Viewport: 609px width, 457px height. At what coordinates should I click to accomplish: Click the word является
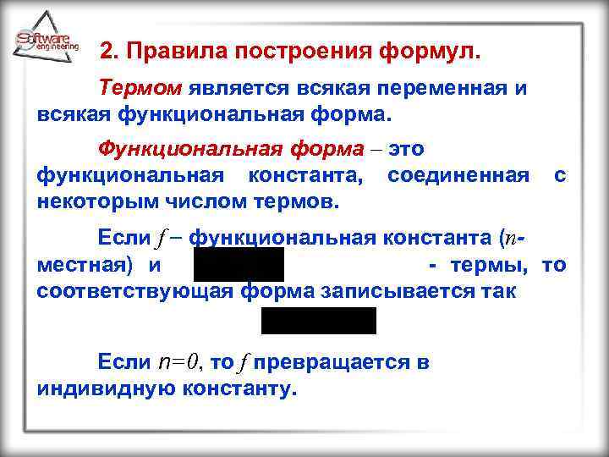coord(239,87)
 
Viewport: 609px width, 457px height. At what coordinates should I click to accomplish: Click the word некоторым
coord(97,202)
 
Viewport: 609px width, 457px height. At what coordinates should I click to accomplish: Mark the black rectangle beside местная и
coord(239,264)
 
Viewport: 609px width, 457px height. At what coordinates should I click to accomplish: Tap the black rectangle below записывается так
coord(319,321)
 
